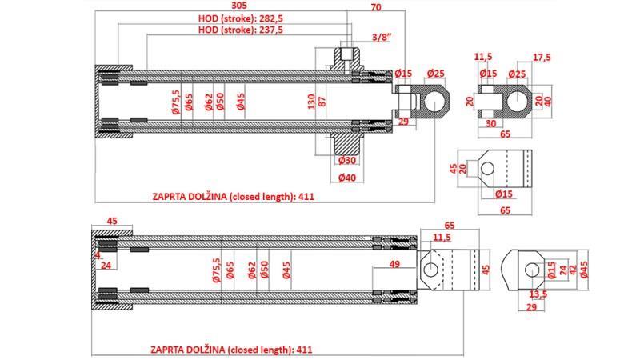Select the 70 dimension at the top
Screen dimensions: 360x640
(x=376, y=10)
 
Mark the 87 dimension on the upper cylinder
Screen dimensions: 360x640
(x=323, y=100)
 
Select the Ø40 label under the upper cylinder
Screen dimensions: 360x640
(x=346, y=178)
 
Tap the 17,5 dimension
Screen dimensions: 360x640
(x=541, y=57)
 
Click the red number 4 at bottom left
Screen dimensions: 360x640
(x=96, y=255)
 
